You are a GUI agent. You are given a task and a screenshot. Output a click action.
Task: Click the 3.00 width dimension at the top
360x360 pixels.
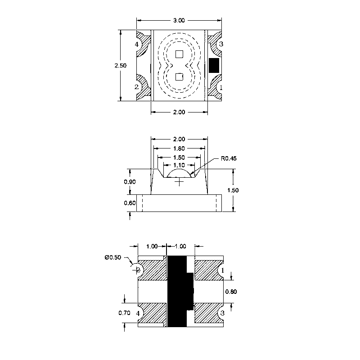179,20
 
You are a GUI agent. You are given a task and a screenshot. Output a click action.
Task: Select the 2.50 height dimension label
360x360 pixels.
121,65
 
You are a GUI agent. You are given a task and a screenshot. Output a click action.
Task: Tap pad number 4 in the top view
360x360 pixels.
137,45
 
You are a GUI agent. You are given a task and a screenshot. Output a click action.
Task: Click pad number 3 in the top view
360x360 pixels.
221,44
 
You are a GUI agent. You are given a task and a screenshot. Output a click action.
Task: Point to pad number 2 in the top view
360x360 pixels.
137,87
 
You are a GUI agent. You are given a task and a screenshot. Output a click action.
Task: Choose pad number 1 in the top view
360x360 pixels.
221,87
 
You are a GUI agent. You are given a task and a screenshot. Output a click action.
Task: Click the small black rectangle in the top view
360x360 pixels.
214,65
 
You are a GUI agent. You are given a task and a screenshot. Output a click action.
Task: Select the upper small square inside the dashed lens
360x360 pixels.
179,54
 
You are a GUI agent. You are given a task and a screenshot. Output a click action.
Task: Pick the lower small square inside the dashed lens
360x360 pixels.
179,76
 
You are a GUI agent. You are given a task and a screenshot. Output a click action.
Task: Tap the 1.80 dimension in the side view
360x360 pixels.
179,148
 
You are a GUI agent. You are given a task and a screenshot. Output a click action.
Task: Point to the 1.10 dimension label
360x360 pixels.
179,166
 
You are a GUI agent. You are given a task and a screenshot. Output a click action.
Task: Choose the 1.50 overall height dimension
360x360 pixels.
233,190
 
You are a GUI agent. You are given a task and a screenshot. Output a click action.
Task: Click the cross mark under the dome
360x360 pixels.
180,182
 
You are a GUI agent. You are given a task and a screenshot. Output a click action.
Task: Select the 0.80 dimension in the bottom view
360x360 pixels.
231,291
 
